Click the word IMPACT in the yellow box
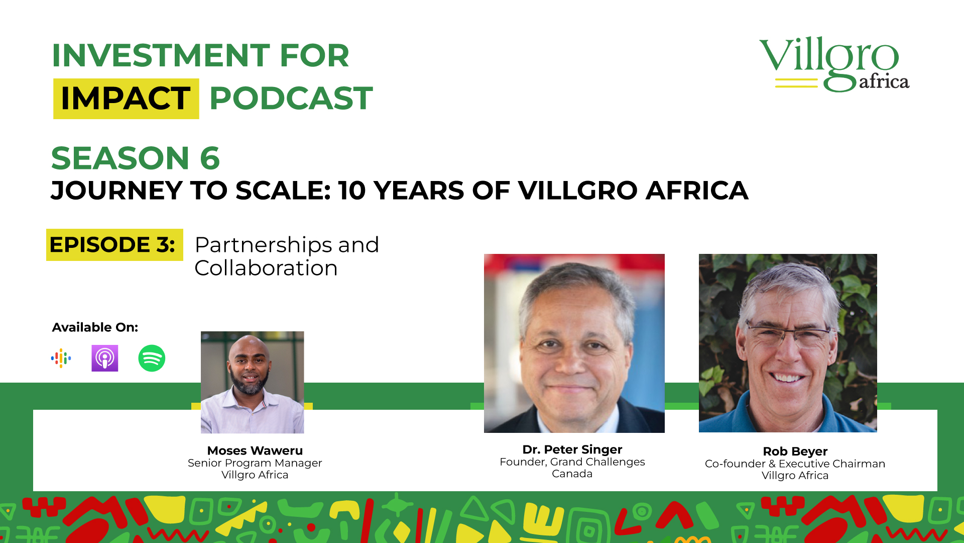tap(126, 98)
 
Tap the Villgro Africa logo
tap(834, 64)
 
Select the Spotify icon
tap(152, 358)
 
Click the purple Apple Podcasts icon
tap(105, 358)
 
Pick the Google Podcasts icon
tap(61, 358)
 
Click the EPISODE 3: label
tap(112, 245)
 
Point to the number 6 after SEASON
tap(210, 158)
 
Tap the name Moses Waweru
tap(255, 450)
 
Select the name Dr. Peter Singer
tap(572, 449)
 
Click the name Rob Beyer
tap(795, 451)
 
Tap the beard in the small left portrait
tap(250, 382)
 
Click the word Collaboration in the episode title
tap(266, 268)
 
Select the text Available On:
tap(95, 327)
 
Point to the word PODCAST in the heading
tap(291, 98)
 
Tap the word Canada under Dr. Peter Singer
tap(572, 474)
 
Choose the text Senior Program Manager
tap(255, 463)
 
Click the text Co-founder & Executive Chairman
tap(795, 464)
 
